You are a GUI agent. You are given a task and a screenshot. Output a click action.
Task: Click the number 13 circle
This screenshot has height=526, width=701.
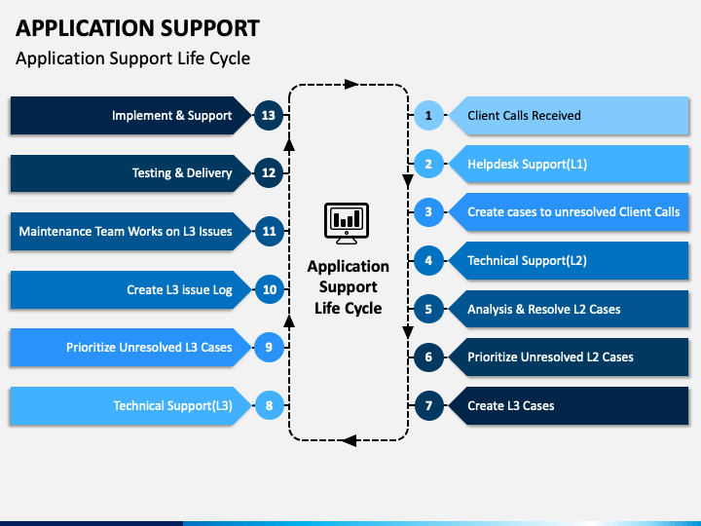269,115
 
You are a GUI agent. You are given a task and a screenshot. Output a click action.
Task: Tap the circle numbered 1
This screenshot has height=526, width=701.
428,115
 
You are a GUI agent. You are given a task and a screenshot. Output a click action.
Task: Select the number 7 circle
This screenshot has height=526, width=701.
428,405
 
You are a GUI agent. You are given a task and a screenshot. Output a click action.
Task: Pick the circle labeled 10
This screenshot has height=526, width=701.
269,289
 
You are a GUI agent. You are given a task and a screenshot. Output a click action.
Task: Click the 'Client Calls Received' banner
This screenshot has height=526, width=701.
569,115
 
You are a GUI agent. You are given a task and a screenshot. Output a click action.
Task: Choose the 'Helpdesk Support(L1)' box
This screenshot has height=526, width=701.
569,164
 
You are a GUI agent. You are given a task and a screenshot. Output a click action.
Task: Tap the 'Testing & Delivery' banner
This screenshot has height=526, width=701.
131,173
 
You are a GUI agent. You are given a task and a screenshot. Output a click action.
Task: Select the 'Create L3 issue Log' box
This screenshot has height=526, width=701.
131,289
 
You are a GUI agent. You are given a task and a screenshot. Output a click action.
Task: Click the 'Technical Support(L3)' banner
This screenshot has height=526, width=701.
131,405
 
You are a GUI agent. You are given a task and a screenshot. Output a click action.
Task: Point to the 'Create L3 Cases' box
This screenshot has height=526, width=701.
569,405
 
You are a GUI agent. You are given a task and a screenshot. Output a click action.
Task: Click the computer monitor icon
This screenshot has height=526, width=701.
347,223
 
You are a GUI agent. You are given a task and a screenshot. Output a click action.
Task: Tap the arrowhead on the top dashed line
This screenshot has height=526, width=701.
351,84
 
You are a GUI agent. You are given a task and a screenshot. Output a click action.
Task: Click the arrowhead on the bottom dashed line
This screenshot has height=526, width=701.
350,440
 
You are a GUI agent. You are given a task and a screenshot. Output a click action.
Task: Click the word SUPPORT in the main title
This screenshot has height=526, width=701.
210,28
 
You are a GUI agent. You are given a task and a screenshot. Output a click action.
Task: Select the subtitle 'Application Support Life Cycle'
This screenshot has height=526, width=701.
132,58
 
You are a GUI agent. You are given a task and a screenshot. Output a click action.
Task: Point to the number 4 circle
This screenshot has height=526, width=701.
428,260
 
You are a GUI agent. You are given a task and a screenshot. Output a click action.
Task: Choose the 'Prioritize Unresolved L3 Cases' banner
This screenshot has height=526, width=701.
131,348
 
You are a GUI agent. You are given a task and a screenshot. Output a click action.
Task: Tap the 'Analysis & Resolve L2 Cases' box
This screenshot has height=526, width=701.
569,309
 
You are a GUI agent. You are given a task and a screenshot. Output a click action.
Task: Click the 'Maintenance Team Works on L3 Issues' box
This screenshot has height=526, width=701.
131,231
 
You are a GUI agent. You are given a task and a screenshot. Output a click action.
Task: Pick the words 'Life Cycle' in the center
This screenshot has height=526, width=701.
349,308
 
